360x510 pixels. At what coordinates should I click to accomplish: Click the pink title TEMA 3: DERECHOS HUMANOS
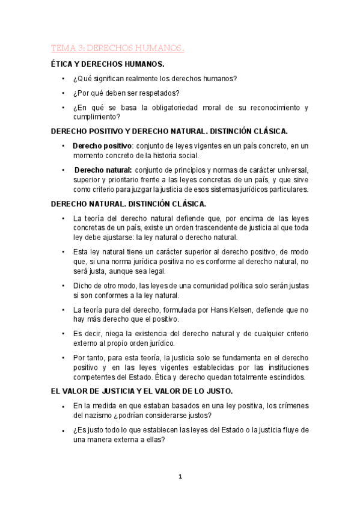(x=117, y=48)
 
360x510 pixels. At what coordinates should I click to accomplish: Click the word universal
(x=292, y=170)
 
